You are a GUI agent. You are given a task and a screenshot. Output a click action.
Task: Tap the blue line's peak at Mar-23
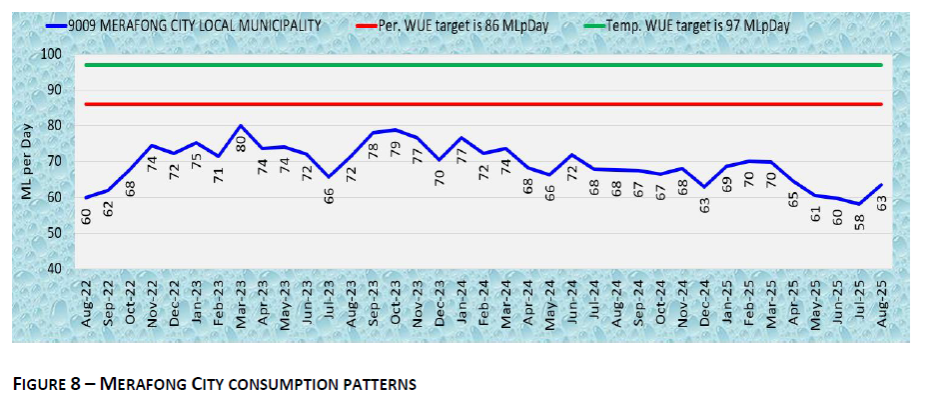(x=241, y=126)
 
